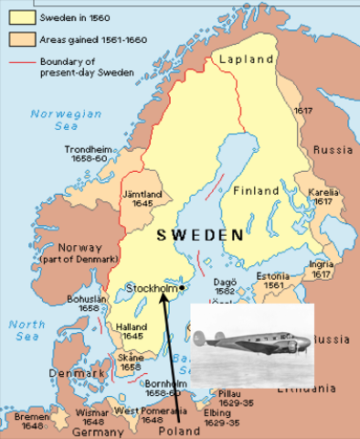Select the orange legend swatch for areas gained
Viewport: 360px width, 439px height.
point(15,41)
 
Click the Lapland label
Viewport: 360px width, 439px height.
point(248,59)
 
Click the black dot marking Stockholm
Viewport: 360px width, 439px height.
point(183,288)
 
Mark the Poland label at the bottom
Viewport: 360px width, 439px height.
point(179,430)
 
